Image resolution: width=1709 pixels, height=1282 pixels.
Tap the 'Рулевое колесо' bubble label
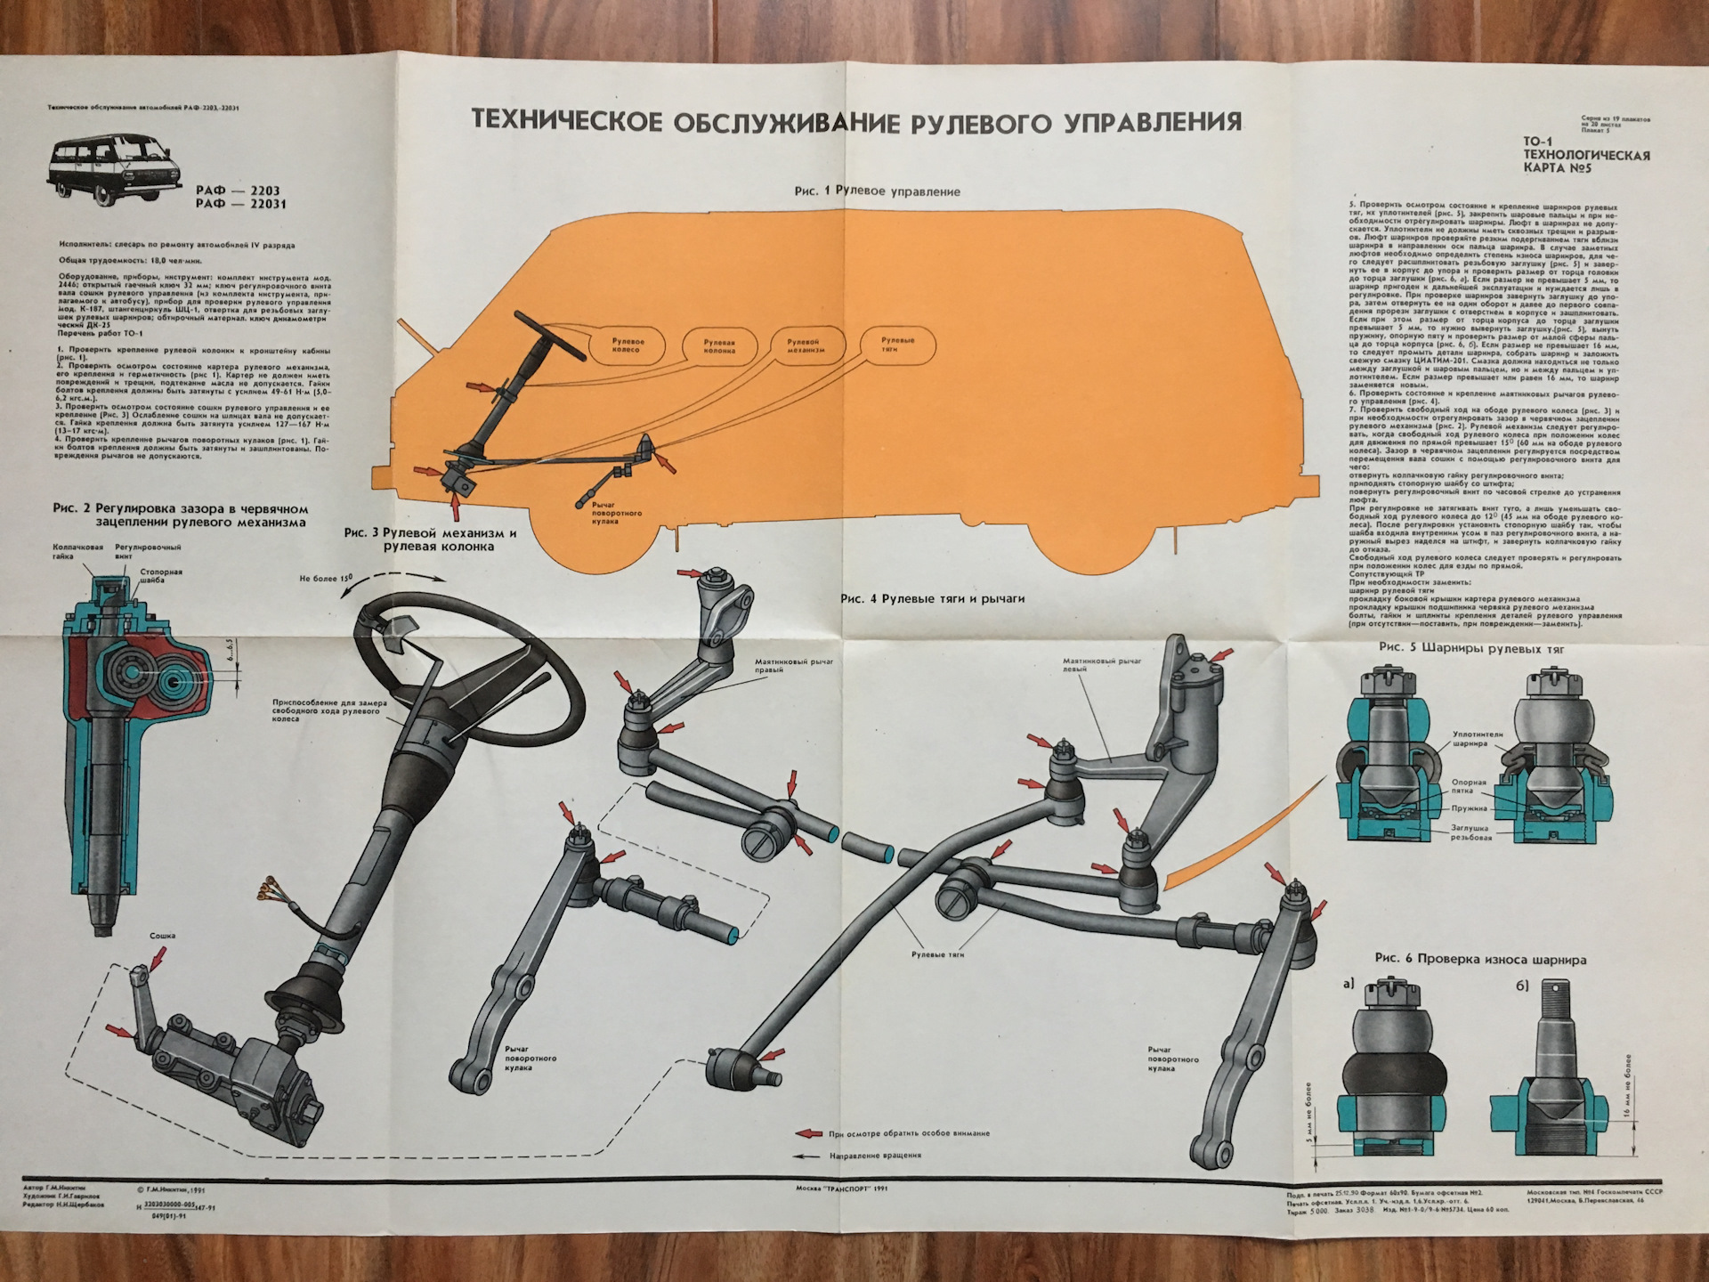[628, 345]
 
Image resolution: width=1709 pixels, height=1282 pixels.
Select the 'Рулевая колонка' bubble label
[718, 345]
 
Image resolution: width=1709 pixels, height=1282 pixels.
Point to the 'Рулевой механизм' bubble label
[806, 345]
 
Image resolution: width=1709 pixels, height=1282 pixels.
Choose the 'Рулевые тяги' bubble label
[897, 345]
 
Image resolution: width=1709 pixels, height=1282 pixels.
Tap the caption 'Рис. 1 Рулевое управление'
[877, 191]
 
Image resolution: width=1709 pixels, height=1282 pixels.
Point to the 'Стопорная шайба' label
[161, 575]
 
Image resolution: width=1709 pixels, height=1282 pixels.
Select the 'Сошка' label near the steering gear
[163, 936]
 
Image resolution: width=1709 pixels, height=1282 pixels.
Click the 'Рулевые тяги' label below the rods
[937, 954]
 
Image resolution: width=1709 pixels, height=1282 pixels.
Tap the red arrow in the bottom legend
[808, 1133]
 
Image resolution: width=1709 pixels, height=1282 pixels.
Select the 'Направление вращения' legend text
[875, 1156]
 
